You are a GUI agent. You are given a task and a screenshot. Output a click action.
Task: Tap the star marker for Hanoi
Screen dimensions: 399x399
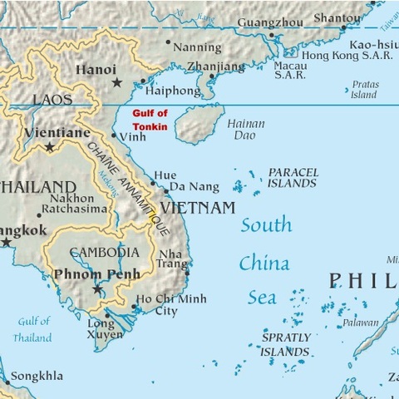point(117,82)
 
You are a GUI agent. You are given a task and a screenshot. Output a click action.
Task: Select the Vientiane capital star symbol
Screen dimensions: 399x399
point(50,147)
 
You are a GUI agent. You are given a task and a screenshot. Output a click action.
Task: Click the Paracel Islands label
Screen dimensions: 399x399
point(293,177)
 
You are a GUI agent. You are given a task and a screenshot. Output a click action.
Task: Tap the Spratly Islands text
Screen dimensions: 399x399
point(285,345)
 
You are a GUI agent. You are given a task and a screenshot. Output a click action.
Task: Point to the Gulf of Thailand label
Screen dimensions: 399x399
point(32,329)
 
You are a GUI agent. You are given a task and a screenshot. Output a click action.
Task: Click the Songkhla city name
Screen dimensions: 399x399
point(37,377)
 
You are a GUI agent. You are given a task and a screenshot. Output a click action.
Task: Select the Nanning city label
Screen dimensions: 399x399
point(197,47)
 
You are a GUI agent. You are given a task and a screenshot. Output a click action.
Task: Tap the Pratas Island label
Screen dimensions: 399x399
point(363,90)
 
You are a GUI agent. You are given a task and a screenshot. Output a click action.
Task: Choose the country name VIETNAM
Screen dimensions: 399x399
point(198,207)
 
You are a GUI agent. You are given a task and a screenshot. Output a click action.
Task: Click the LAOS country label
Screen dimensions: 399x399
point(52,100)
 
